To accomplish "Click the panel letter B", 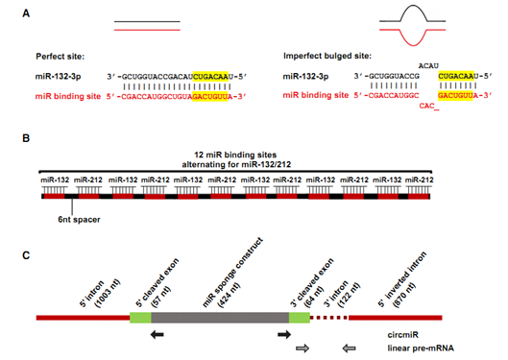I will tap(10, 138).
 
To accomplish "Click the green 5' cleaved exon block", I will tap(141, 316).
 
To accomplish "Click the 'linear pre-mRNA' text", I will tap(448, 348).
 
